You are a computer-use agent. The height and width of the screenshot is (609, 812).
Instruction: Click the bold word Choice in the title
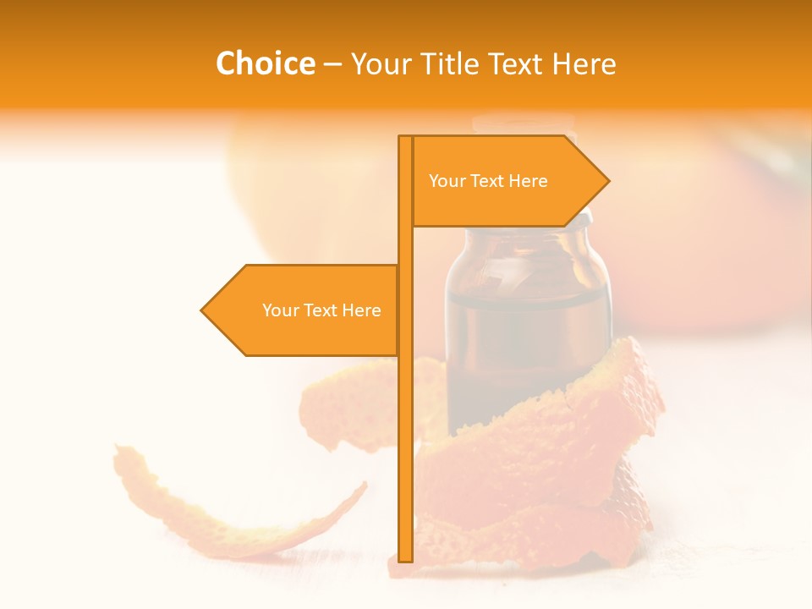click(x=265, y=63)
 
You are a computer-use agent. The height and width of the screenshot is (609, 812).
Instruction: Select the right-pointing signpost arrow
click(x=507, y=203)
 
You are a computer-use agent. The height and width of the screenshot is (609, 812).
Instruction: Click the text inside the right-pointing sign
click(x=488, y=181)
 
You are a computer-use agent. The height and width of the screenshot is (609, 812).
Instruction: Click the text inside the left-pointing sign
click(x=321, y=310)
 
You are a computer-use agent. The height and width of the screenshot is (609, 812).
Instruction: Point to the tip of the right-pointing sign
click(x=607, y=181)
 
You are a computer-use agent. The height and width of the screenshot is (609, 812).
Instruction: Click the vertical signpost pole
click(x=406, y=423)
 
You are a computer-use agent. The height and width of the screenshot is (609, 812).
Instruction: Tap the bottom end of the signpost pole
click(x=406, y=558)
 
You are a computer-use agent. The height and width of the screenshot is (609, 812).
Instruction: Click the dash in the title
click(x=332, y=64)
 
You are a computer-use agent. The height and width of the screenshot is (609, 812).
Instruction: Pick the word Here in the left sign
click(x=361, y=310)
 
